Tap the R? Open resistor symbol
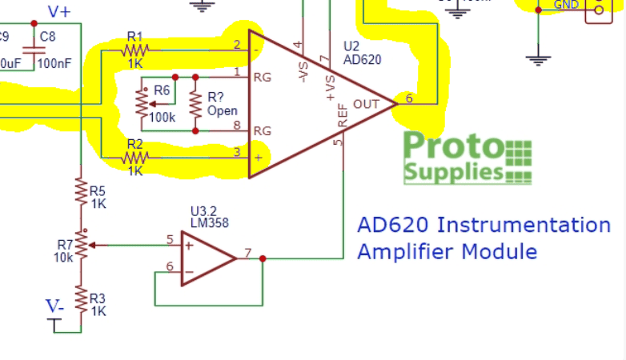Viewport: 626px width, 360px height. [x=195, y=103]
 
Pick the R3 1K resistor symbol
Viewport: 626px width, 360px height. [x=80, y=300]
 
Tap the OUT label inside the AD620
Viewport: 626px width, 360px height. [x=366, y=104]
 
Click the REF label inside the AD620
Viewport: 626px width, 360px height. [x=343, y=117]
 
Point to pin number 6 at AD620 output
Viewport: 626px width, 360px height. [x=409, y=98]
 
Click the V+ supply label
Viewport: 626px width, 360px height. [x=61, y=11]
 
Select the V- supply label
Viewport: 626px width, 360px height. [x=54, y=306]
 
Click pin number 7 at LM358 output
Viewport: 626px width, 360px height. [x=248, y=253]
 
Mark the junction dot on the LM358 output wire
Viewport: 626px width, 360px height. [x=263, y=258]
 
